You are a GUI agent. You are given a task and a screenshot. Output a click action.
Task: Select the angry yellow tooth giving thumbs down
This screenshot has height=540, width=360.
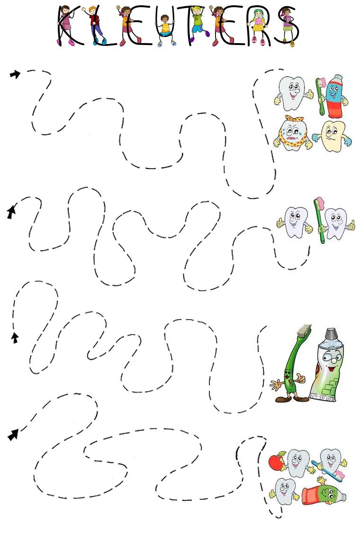(332, 136)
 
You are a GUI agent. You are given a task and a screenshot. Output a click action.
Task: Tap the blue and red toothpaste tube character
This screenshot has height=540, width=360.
(335, 97)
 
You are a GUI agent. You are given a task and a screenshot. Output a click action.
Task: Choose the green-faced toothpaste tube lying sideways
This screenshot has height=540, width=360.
(324, 495)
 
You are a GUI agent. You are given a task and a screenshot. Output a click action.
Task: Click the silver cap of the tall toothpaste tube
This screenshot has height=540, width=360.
(331, 334)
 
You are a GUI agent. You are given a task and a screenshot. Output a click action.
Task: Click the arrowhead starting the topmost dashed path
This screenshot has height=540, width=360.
(15, 74)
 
